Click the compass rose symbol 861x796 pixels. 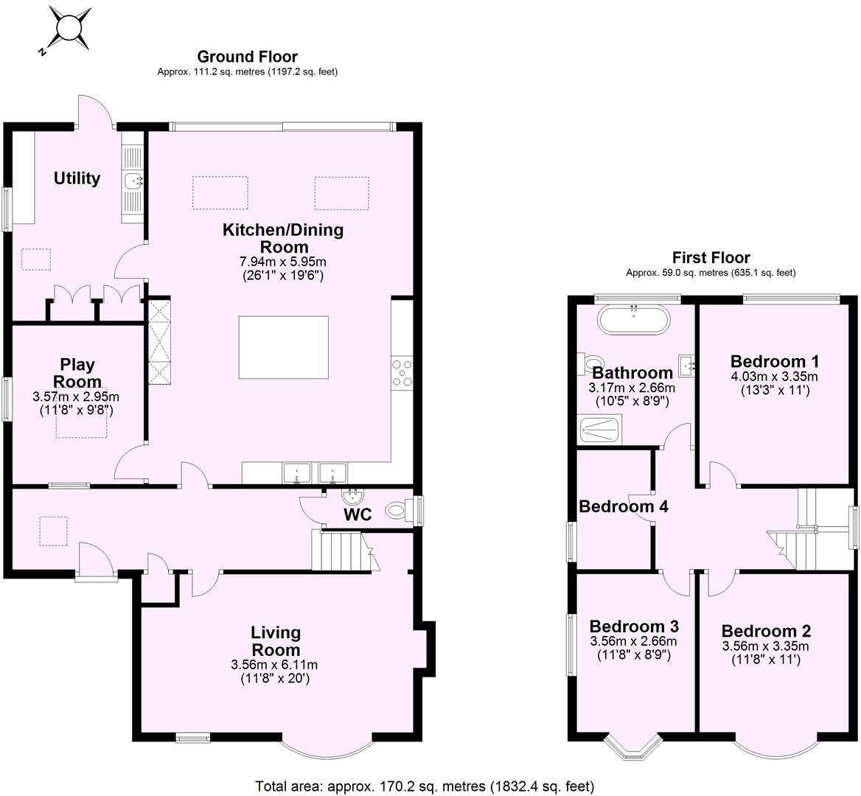point(69,30)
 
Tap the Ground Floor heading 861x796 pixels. point(247,57)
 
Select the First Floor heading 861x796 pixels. point(711,257)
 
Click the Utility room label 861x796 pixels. point(77,178)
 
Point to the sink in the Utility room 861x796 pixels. point(133,179)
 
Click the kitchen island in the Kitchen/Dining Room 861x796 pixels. point(283,347)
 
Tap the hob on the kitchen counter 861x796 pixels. point(402,372)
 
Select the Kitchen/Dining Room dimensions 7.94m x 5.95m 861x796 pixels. point(283,262)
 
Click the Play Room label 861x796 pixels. point(77,373)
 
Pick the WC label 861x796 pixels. point(358,514)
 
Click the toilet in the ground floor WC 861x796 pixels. point(399,508)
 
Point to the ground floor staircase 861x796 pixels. point(341,551)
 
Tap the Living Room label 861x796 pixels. point(276,640)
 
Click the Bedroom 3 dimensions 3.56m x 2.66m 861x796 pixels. point(634,641)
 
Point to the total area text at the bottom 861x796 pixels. point(424,786)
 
